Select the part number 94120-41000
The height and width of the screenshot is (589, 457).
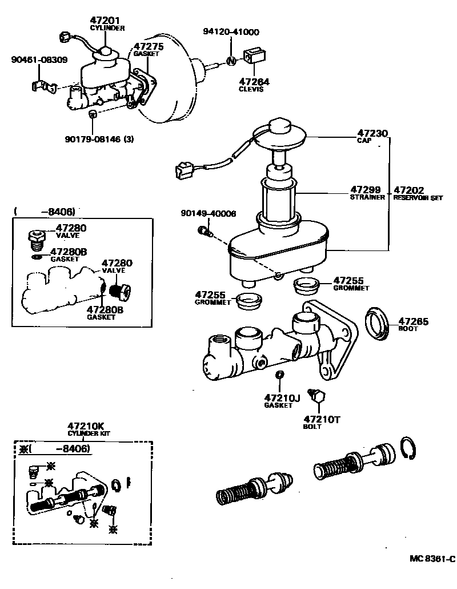click(230, 33)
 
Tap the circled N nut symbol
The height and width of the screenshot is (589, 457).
click(231, 60)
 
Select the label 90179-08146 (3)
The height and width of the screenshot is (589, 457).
click(99, 138)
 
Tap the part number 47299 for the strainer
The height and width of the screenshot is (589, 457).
click(365, 190)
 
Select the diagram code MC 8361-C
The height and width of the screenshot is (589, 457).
click(431, 559)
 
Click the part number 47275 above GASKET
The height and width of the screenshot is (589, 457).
click(149, 46)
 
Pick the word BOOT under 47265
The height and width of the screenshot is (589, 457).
click(407, 329)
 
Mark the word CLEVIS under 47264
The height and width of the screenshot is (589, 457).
click(251, 89)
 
